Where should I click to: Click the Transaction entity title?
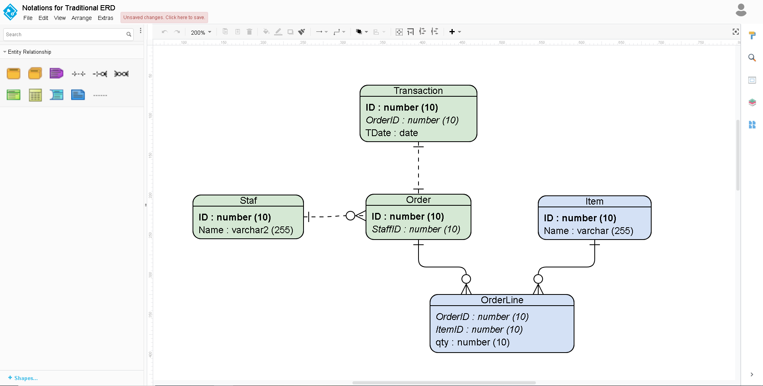[x=418, y=91]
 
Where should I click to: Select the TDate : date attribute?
[x=391, y=133]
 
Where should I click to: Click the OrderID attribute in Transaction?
[x=412, y=120]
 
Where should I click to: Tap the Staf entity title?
[x=248, y=201]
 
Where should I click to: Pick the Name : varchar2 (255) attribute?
[x=245, y=230]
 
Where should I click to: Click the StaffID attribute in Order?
[x=416, y=229]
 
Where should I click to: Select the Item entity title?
[x=594, y=201]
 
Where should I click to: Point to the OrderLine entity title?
[x=502, y=300]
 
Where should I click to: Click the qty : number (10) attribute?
[x=472, y=342]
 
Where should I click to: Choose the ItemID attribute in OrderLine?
[x=479, y=329]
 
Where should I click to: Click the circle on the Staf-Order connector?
[x=350, y=216]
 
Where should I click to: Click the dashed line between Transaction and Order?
[x=418, y=167]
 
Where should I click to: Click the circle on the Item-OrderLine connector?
[x=538, y=279]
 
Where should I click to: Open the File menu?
[x=28, y=18]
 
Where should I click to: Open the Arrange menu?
[x=82, y=18]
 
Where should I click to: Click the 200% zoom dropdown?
[x=201, y=32]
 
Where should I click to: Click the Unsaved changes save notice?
[x=164, y=18]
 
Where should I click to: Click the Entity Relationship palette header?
[x=29, y=52]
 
